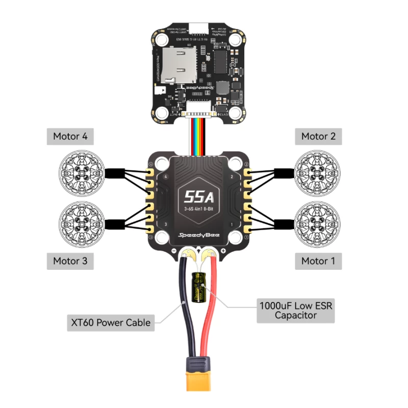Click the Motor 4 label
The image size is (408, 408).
click(73, 137)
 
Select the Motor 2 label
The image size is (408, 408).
click(318, 137)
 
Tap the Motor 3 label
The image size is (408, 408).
click(73, 261)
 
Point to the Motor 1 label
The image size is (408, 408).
click(318, 261)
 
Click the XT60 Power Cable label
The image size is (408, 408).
click(110, 322)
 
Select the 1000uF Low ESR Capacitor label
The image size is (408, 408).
click(295, 310)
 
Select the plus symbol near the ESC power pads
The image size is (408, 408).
click(223, 251)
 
